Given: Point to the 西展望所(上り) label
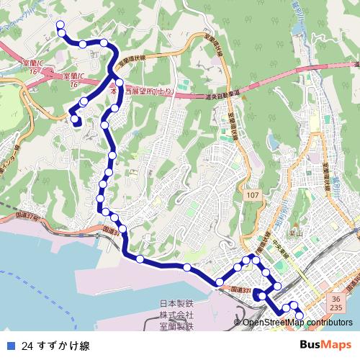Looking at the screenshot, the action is click(x=148, y=92).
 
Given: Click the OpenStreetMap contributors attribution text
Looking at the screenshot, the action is click(x=297, y=322).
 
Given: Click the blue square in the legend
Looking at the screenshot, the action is click(x=9, y=345).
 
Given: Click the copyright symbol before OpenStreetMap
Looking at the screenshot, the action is click(x=238, y=322).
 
